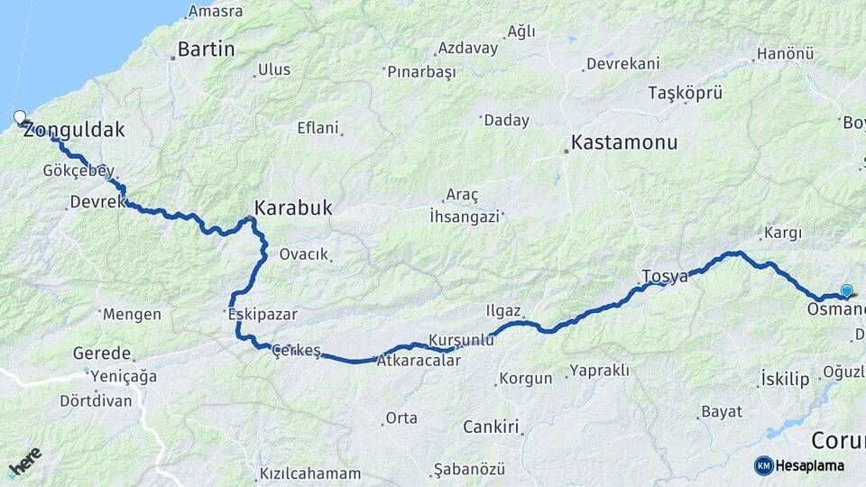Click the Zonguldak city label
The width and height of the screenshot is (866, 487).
pyautogui.click(x=74, y=130)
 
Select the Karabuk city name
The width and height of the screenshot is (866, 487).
pyautogui.click(x=293, y=208)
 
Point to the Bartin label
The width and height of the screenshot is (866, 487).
pyautogui.click(x=207, y=50)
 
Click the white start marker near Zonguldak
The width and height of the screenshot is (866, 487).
pyautogui.click(x=21, y=116)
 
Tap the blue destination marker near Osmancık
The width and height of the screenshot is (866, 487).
pyautogui.click(x=846, y=290)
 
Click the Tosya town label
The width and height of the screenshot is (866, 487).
pyautogui.click(x=665, y=276)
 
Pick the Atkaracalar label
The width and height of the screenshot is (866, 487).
pyautogui.click(x=419, y=361)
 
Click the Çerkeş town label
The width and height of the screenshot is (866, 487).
pyautogui.click(x=297, y=351)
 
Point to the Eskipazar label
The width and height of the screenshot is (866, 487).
pyautogui.click(x=263, y=315)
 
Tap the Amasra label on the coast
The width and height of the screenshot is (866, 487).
pyautogui.click(x=216, y=12)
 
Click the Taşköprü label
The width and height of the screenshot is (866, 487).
pyautogui.click(x=686, y=93)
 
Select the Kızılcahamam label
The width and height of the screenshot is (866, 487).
pyautogui.click(x=310, y=473)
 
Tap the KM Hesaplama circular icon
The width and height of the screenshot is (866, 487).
pyautogui.click(x=764, y=465)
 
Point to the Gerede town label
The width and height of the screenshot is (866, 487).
pyautogui.click(x=102, y=354)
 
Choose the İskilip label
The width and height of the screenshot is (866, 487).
pyautogui.click(x=785, y=379)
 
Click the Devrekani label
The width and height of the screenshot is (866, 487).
pyautogui.click(x=622, y=64)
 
